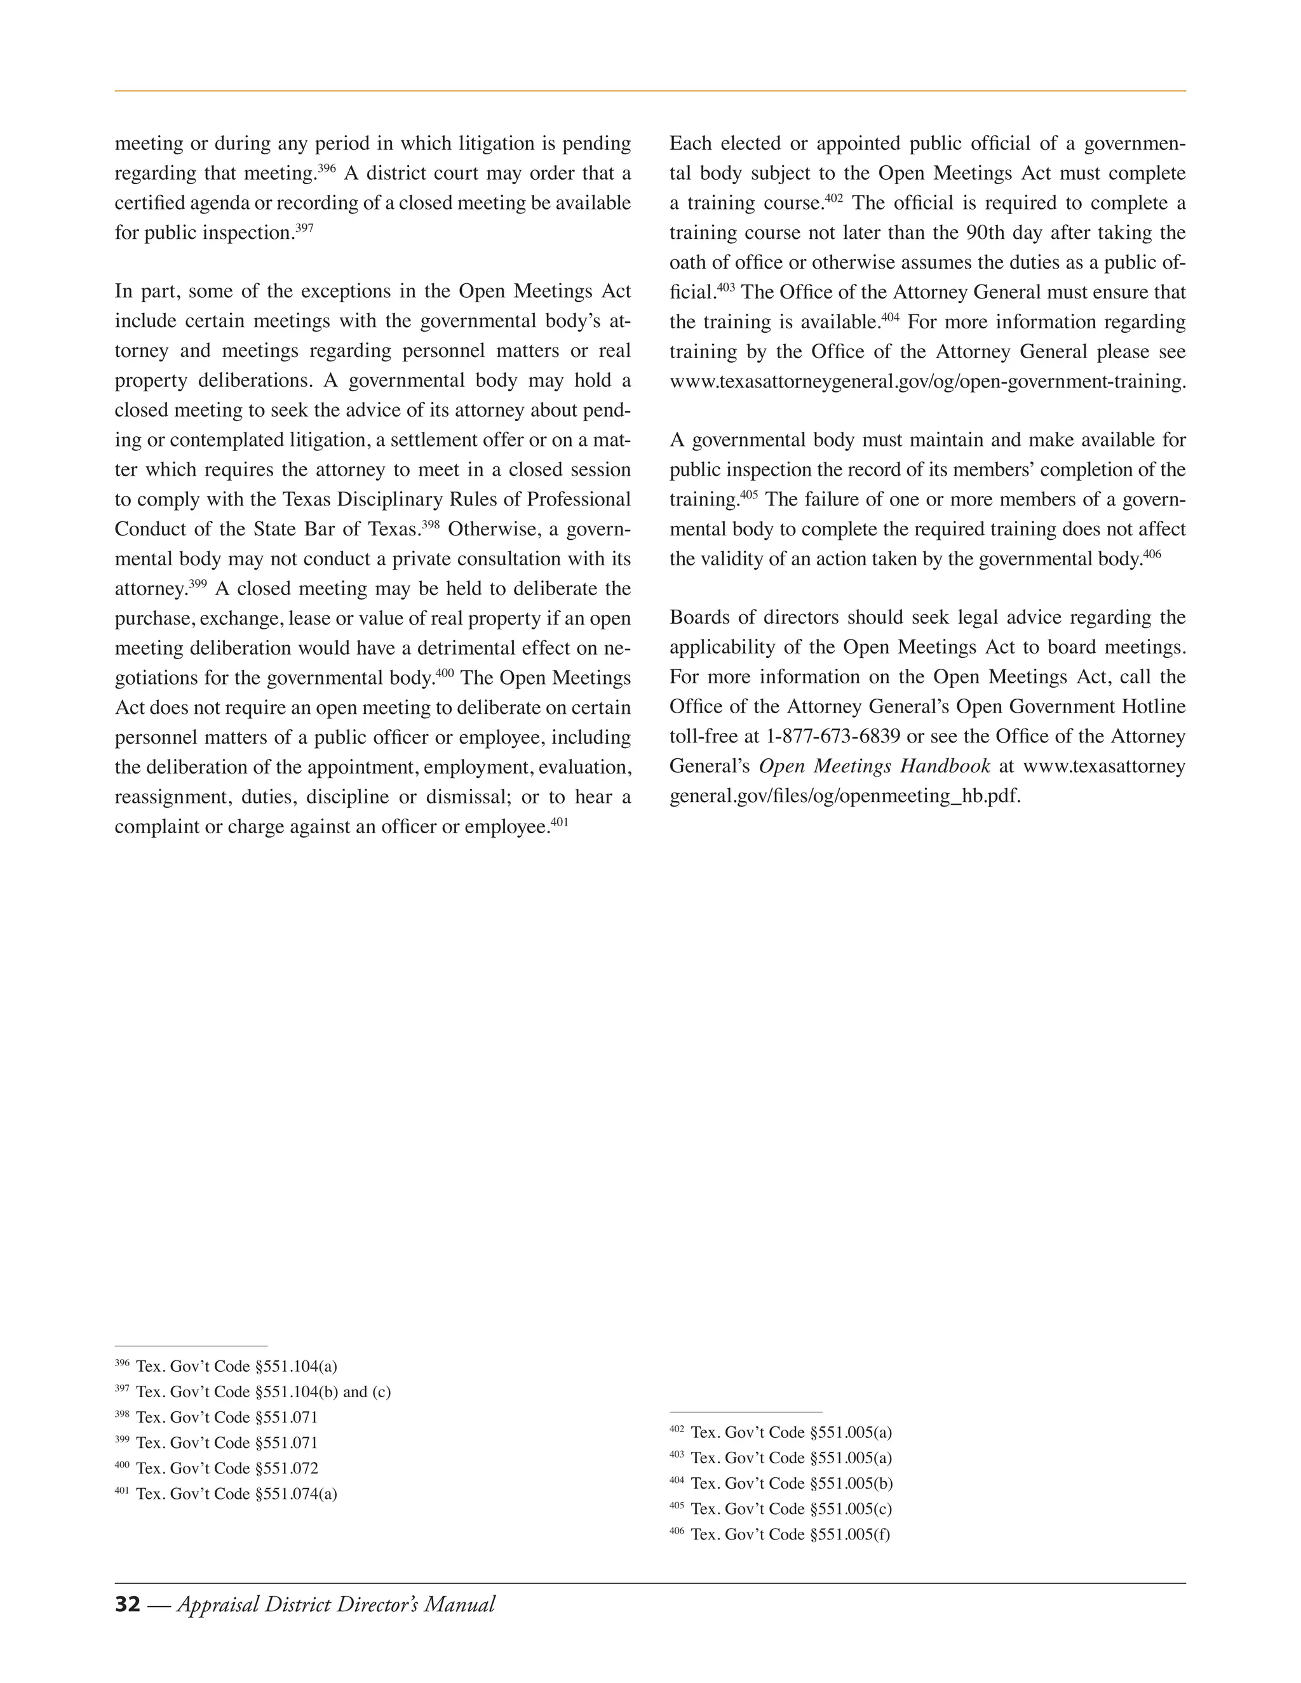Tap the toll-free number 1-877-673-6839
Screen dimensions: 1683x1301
click(832, 736)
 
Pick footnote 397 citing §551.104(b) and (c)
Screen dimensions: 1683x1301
click(253, 1391)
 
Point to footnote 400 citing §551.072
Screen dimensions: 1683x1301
click(217, 1468)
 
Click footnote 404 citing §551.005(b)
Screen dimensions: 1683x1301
click(781, 1483)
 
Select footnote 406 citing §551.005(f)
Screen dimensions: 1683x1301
click(779, 1534)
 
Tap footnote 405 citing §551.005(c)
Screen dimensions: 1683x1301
click(781, 1508)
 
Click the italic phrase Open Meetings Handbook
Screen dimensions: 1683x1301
click(874, 766)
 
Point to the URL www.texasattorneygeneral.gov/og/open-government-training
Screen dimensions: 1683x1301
click(927, 382)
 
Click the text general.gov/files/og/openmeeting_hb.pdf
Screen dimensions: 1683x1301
click(845, 796)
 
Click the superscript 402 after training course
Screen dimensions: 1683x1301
click(834, 198)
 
